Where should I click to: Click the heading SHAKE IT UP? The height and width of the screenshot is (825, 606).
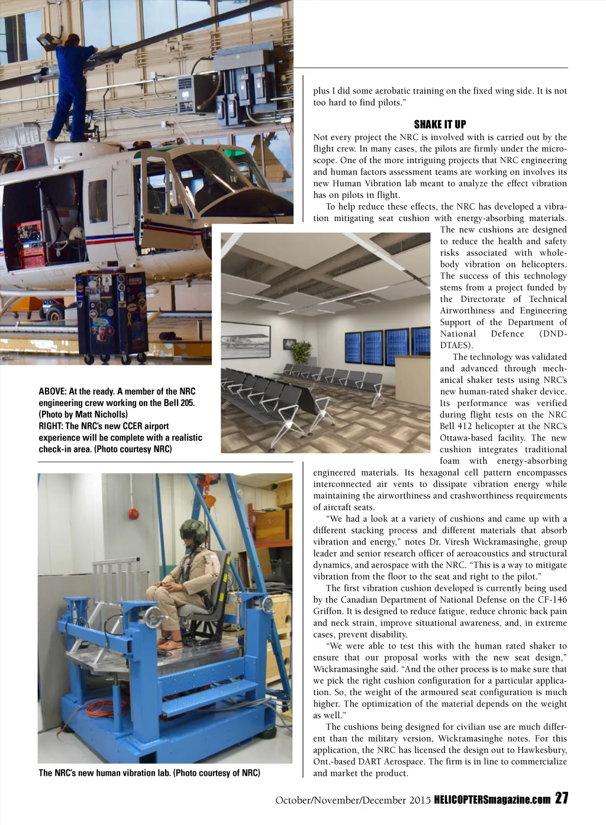point(440,124)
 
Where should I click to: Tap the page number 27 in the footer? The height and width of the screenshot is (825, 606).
point(562,798)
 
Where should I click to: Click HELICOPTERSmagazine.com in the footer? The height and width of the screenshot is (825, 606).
point(492,800)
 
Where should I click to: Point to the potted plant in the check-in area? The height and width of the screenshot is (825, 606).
point(302,353)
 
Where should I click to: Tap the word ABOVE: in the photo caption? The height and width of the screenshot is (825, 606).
point(52,391)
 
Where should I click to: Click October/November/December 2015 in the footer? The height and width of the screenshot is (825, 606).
point(353,800)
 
